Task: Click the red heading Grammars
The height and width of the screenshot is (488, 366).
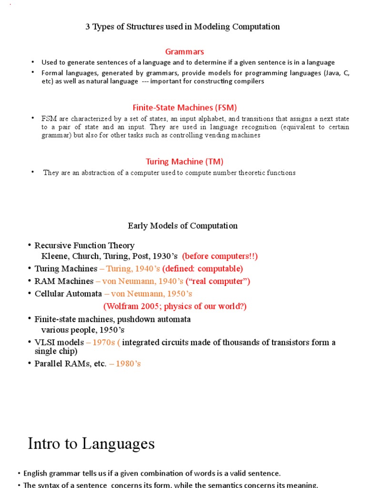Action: [184, 51]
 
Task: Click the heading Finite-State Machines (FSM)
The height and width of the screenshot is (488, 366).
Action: [184, 107]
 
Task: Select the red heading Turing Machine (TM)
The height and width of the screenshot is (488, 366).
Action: [184, 162]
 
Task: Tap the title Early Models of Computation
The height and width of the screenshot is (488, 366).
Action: [183, 225]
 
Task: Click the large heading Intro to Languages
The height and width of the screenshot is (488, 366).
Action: [91, 444]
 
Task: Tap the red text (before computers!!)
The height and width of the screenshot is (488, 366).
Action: [220, 256]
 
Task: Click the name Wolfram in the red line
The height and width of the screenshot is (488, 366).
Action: [120, 306]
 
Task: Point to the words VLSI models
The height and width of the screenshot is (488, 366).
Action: [59, 343]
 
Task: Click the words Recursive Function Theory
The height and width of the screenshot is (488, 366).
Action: [84, 245]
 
